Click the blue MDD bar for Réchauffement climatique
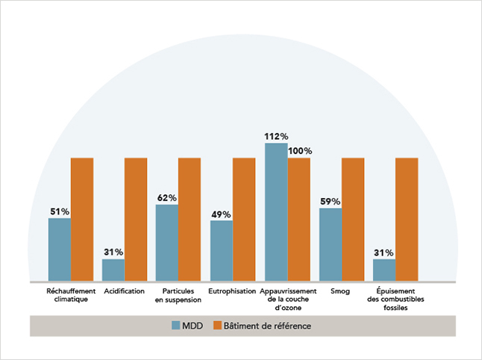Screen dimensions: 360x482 pos(60,249)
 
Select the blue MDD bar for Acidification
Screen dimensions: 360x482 pos(113,270)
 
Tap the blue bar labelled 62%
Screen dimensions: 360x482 pos(167,243)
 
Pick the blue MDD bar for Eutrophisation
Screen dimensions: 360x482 pos(222,251)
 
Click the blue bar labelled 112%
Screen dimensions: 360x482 pos(276,212)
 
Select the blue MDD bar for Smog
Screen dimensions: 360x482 pos(331,245)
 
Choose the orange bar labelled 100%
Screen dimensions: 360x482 pos(299,220)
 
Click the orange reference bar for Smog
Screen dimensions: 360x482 pos(353,220)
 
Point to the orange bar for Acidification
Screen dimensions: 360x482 pos(136,220)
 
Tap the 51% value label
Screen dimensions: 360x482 pos(60,211)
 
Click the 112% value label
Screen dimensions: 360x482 pos(276,136)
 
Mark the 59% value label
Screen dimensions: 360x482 pos(331,202)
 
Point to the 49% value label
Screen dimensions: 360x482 pos(222,214)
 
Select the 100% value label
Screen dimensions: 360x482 pos(300,151)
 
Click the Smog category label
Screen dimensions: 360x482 pos(341,291)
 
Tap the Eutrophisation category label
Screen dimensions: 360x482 pos(232,291)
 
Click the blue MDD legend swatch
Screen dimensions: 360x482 pos(177,326)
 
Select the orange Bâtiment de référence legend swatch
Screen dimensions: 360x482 pos(219,326)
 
